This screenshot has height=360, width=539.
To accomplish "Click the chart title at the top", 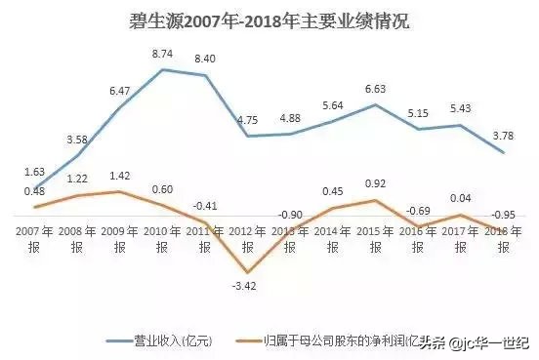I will coord(269,20).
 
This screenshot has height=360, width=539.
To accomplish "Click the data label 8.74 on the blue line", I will coord(162,55).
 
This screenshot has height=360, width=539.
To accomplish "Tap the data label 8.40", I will coord(205,60).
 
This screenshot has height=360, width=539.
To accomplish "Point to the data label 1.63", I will coord(33,172).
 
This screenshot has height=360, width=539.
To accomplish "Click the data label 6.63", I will coord(376,89).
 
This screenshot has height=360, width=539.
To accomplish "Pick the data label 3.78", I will coord(504,136).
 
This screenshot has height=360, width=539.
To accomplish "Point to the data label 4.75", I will coord(247,120).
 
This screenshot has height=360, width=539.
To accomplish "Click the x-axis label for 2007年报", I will coord(33,240).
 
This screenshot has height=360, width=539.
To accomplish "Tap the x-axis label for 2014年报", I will coord(333,240).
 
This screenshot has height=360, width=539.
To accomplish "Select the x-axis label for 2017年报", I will coord(462,240).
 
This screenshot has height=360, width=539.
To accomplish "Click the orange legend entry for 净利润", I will coord(332,340).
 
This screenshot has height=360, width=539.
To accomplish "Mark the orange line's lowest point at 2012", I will coord(247,272).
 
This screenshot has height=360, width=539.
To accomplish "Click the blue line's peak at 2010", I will coord(162,69).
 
